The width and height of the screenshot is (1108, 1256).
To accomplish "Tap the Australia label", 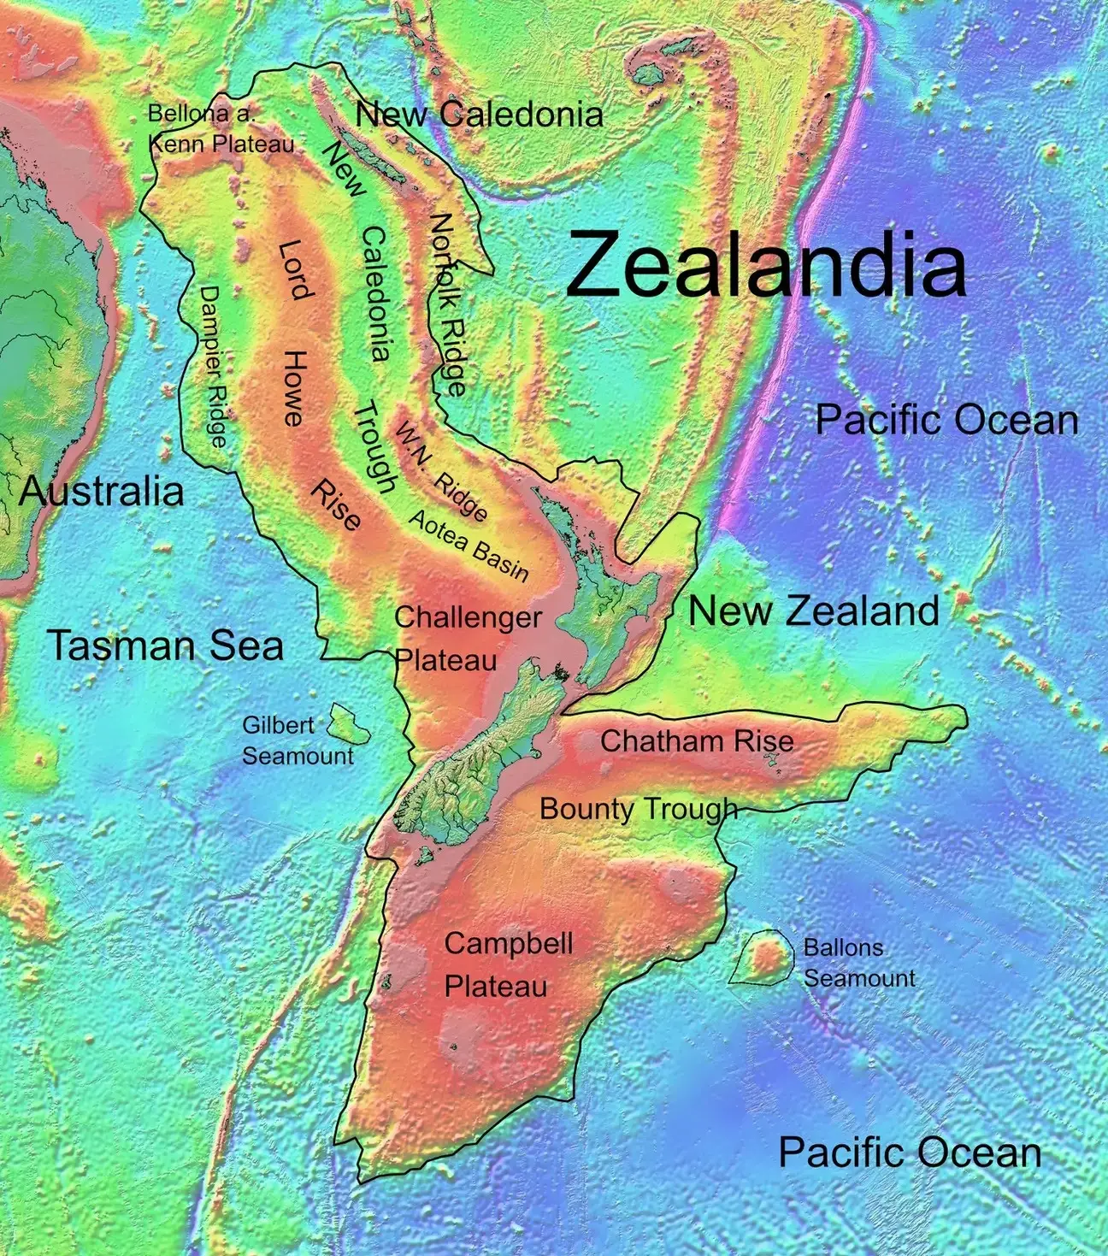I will (x=101, y=492).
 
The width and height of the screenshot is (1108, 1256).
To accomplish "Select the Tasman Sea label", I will (x=165, y=645).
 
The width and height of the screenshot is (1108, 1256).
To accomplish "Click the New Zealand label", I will (x=813, y=611).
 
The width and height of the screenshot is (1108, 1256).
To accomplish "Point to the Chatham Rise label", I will (x=697, y=740).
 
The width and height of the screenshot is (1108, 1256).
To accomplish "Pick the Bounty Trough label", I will (x=638, y=808).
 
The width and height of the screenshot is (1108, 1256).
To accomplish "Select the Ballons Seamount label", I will (x=858, y=963).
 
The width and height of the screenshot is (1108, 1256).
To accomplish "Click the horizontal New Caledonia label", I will (x=479, y=115).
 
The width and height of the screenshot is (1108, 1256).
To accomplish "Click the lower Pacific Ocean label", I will (x=910, y=1153).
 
